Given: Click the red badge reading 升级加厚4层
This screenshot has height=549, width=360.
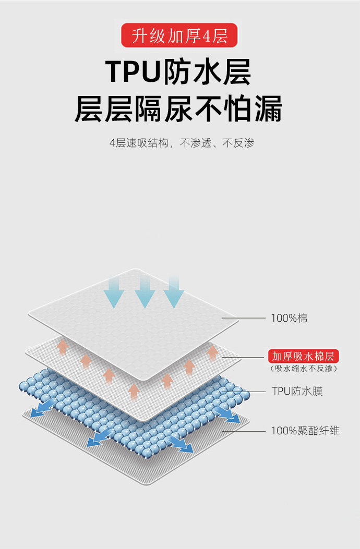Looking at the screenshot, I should [179, 36].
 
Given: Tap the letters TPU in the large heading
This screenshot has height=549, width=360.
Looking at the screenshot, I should [133, 72].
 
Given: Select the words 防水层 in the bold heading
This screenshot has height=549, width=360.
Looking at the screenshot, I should [208, 72].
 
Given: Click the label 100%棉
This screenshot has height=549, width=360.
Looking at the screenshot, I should [289, 318].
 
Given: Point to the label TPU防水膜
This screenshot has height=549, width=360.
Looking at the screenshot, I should [297, 391].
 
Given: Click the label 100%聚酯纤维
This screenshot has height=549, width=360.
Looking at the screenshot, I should [305, 431].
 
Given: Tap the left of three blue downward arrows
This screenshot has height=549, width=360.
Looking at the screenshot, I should [113, 292].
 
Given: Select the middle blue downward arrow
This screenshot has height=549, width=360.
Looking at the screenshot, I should [145, 292].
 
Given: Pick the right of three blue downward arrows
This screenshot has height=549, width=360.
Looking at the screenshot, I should [174, 292].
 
